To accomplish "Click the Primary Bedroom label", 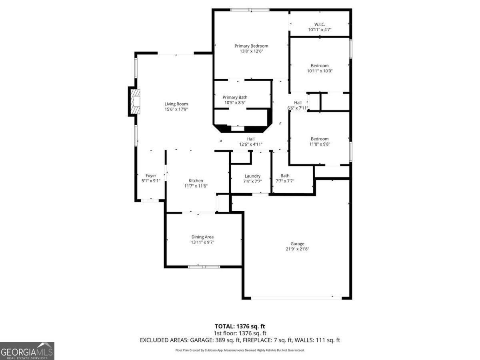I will [x=251, y=46].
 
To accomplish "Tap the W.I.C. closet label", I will [x=320, y=24].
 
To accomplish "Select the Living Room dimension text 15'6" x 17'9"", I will [x=176, y=109].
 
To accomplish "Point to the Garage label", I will [x=297, y=244].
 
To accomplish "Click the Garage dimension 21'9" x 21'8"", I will [x=297, y=249].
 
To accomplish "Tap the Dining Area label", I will [x=202, y=237].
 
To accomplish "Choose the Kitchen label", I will [x=196, y=181].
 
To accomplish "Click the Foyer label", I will [x=151, y=176].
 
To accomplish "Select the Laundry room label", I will [x=252, y=176].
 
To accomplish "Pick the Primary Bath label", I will [x=235, y=97].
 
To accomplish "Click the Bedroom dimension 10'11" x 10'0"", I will [x=320, y=71].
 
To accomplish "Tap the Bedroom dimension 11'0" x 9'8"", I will [x=320, y=144].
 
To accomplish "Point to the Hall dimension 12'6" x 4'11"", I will [x=251, y=144].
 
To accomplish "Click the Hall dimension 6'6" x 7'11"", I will [x=298, y=108].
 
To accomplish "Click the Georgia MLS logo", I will [x=27, y=351].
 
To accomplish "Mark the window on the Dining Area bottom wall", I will [x=204, y=266].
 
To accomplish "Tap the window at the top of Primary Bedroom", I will [x=250, y=10].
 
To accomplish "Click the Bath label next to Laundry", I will [x=285, y=176].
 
